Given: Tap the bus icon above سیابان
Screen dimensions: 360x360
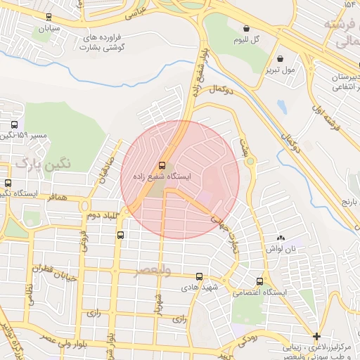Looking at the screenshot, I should [x=48, y=17].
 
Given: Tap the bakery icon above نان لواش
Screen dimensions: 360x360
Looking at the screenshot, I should [x=282, y=238].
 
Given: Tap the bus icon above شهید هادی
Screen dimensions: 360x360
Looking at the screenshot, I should [x=200, y=276].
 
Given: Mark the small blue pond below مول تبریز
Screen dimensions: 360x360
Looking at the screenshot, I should [x=282, y=107].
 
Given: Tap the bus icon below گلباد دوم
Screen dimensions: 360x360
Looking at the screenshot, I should [x=120, y=235].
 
